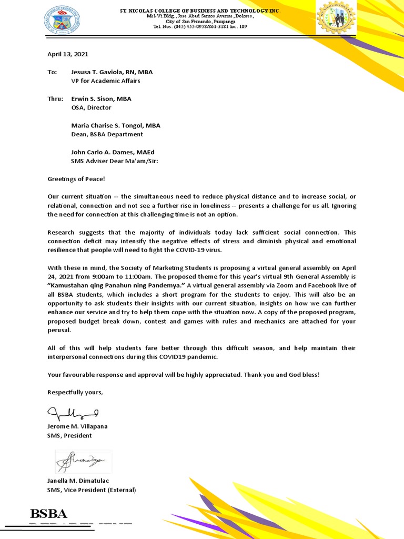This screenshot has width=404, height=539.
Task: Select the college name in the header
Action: click(x=200, y=11)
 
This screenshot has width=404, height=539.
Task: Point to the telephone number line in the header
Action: click(x=200, y=26)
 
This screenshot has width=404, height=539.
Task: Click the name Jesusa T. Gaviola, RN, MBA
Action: click(x=112, y=72)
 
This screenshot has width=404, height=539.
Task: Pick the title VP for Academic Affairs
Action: click(x=105, y=81)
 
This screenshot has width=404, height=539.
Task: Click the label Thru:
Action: click(x=55, y=98)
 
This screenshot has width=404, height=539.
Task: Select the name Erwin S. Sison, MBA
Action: click(x=101, y=98)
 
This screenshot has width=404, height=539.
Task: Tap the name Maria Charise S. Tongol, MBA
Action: click(x=116, y=125)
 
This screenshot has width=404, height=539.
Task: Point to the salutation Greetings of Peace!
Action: click(x=76, y=179)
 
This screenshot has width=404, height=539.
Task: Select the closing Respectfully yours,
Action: click(x=75, y=392)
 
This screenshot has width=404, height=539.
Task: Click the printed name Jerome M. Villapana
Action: click(x=77, y=426)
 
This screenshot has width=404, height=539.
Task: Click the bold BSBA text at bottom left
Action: click(x=49, y=514)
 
